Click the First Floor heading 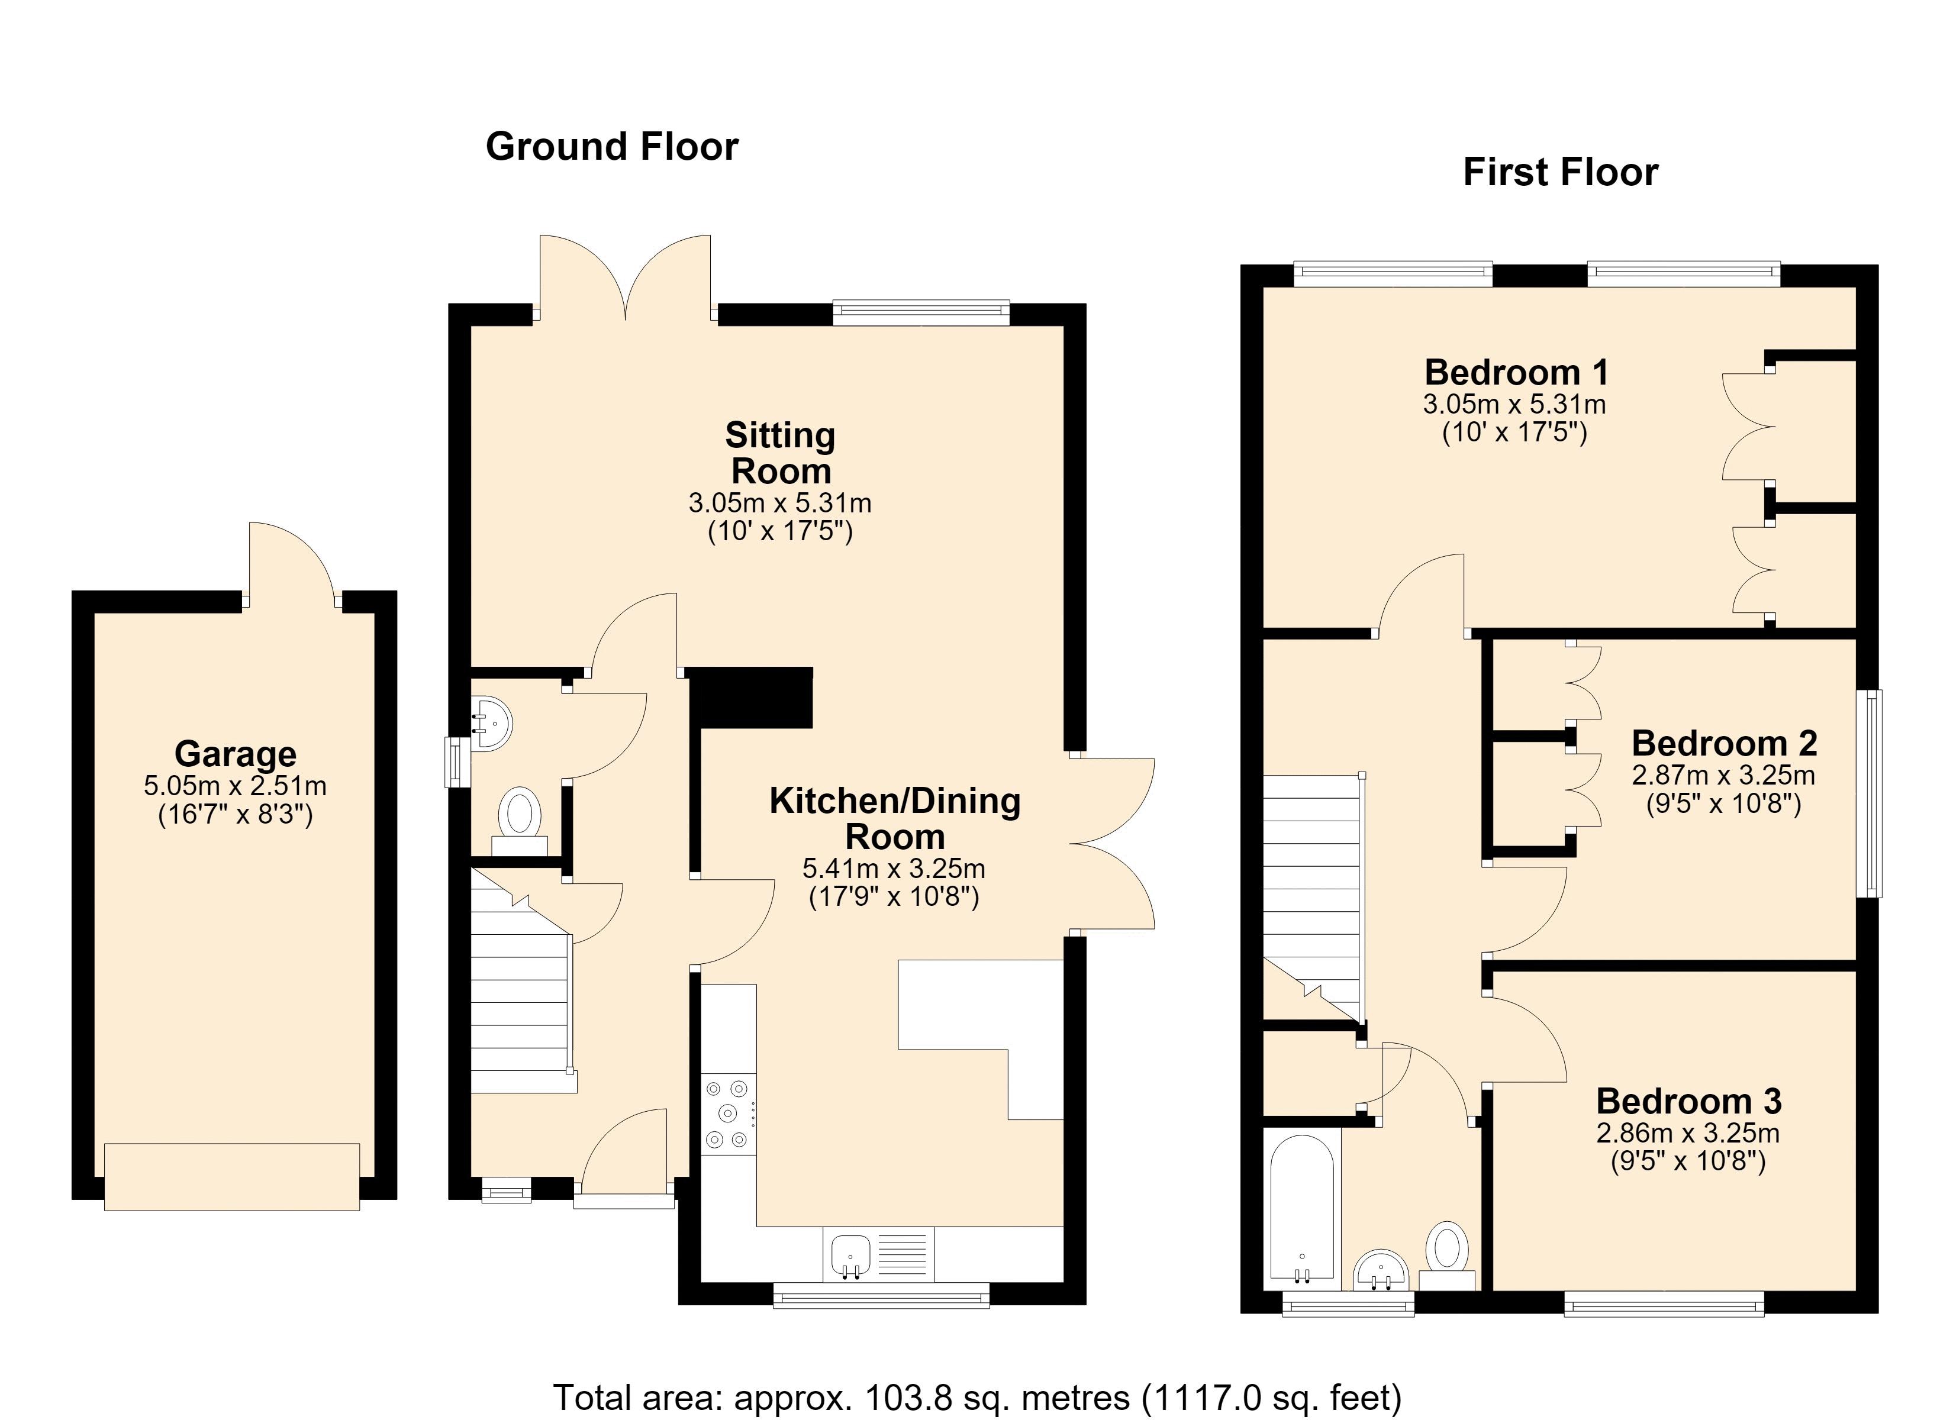1561,172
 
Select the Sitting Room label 780,453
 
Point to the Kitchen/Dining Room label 895,818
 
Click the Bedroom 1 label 1516,372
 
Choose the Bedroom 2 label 1724,743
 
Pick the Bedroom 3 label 1688,1100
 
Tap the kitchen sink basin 849,1254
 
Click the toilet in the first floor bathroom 1446,1255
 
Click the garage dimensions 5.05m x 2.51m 235,785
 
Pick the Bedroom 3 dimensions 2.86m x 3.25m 1688,1133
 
